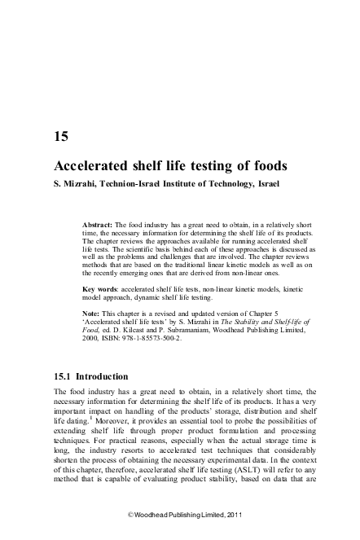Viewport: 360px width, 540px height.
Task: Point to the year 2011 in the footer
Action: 233,516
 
